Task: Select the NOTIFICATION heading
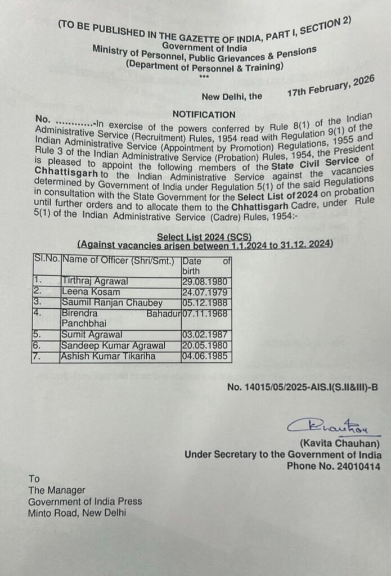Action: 204,114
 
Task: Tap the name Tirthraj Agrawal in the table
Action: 96,281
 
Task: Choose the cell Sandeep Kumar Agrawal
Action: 113,345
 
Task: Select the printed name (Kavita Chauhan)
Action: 340,444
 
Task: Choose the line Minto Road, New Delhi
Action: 78,512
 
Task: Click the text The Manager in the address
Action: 57,490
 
